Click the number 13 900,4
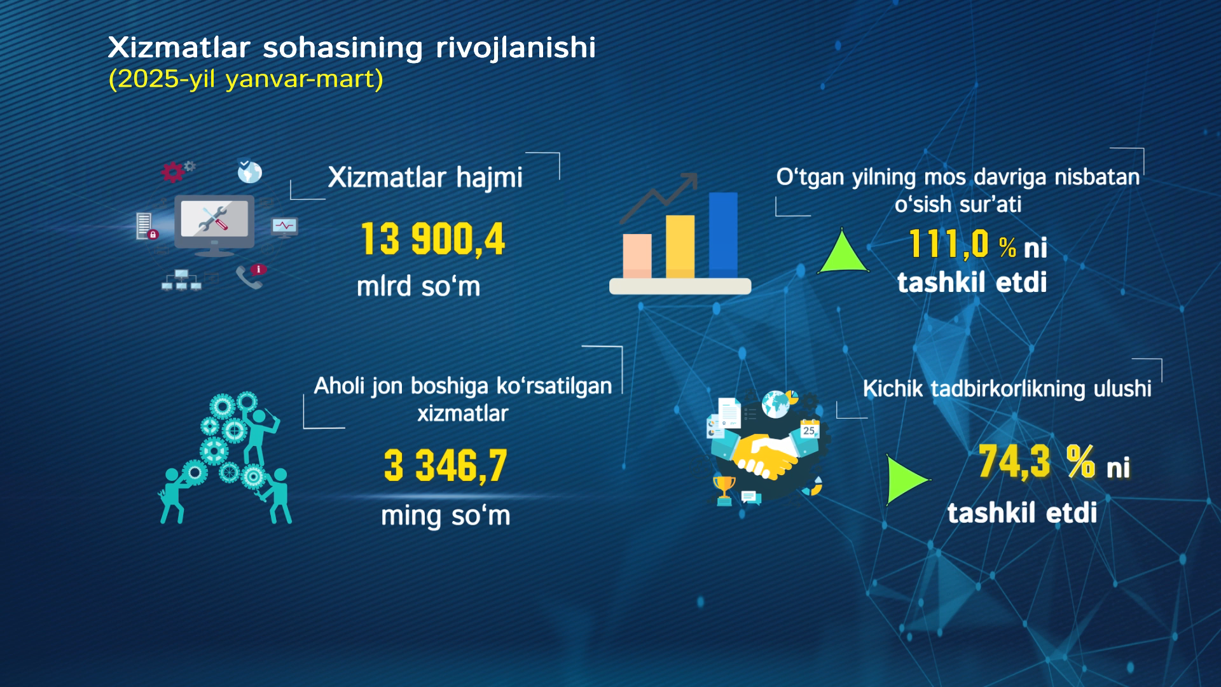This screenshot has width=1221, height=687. [x=432, y=240]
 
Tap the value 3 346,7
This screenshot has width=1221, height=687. [x=445, y=465]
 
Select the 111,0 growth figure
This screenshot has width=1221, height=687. [x=948, y=244]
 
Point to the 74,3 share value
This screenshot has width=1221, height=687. [x=1014, y=461]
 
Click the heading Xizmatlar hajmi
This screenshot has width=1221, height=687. [x=425, y=177]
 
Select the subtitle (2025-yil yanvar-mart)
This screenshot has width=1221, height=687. [x=245, y=80]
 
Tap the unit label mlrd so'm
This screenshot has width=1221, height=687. [x=418, y=286]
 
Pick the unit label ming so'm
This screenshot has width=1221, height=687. [x=445, y=515]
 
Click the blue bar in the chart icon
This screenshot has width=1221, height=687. [x=723, y=235]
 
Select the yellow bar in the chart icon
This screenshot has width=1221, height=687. [x=680, y=246]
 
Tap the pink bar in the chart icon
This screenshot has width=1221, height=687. [x=637, y=256]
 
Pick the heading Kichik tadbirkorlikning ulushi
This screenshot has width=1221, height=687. [x=1007, y=389]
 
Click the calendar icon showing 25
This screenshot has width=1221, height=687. [x=809, y=429]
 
